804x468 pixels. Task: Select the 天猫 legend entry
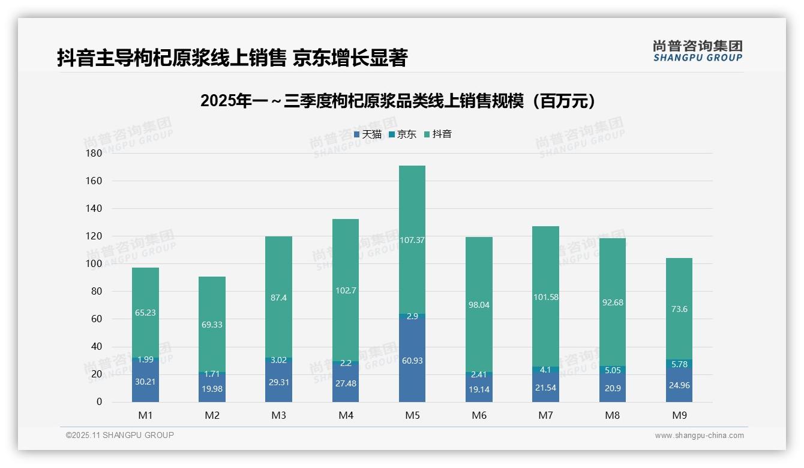(x=368, y=134)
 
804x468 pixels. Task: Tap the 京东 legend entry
(x=403, y=134)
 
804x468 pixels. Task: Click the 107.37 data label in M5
(x=412, y=240)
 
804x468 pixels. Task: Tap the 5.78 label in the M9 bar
(x=679, y=364)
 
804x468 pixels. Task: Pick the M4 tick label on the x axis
(x=346, y=415)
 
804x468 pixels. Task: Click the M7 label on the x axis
(x=546, y=415)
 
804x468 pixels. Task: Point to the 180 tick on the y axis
(x=95, y=153)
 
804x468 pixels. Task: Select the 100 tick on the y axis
(x=95, y=263)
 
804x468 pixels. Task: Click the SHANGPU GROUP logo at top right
(x=698, y=51)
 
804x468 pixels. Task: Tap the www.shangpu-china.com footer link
(x=699, y=436)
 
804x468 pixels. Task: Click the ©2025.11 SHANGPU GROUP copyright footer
(x=120, y=436)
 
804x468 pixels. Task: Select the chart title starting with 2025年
(x=399, y=101)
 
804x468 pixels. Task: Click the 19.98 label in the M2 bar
(x=212, y=389)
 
